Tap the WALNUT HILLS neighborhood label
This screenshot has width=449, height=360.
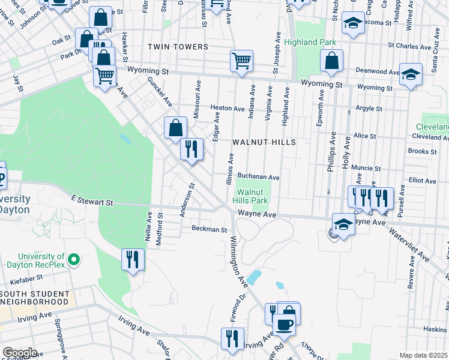[x=264, y=142]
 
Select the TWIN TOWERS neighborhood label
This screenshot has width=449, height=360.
[x=180, y=47]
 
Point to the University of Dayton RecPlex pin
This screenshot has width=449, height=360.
[x=74, y=260]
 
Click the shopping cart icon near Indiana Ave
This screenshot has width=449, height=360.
[x=241, y=60]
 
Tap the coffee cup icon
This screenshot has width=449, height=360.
[x=284, y=324]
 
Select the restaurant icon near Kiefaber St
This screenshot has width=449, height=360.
[x=133, y=259]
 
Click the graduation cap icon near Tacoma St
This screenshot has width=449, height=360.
[x=354, y=24]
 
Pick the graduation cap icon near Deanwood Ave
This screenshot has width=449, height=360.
[x=411, y=74]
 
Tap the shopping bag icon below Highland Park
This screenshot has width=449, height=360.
[x=331, y=60]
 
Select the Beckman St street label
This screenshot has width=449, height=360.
[x=209, y=229]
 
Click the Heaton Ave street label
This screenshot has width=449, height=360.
[x=228, y=109]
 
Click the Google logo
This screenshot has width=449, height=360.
[x=19, y=353]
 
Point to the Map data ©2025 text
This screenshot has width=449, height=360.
[x=423, y=355]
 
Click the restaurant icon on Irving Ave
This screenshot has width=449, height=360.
[x=232, y=338]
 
